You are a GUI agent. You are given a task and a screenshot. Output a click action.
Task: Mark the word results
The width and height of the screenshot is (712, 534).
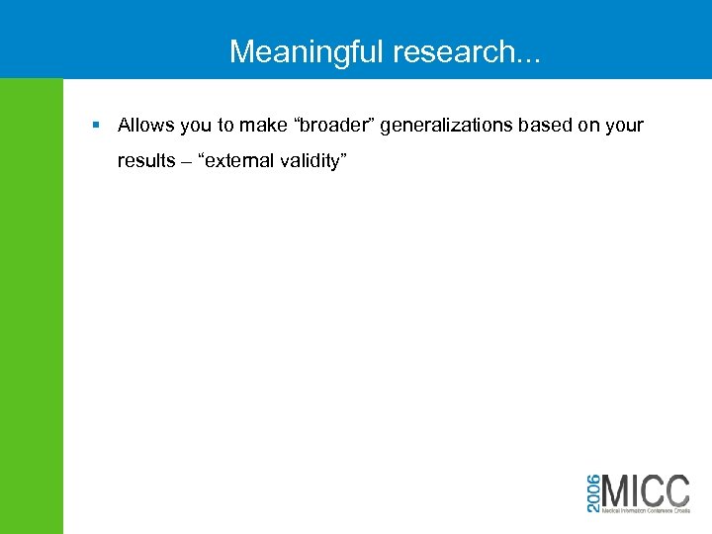(x=145, y=161)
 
